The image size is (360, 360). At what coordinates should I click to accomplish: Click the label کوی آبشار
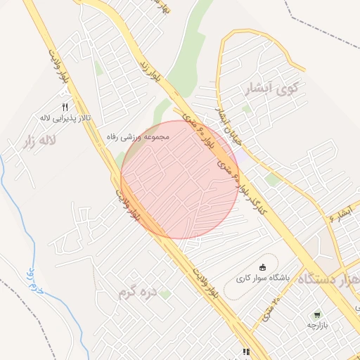(269, 89)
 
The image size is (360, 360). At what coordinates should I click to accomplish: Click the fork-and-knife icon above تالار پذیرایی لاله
(65, 107)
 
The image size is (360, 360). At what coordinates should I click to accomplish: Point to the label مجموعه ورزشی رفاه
(139, 136)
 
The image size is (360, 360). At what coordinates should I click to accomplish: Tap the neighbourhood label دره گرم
(136, 293)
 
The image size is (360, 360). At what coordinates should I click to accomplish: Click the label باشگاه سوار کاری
(263, 277)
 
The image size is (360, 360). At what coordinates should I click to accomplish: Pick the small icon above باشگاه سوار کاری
(263, 266)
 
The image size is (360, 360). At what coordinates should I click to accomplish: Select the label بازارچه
(317, 326)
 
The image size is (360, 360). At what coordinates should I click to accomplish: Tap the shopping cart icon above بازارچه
(317, 315)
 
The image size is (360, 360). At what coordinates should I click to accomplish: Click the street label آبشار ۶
(337, 216)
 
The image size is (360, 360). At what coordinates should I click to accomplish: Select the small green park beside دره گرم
(165, 294)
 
